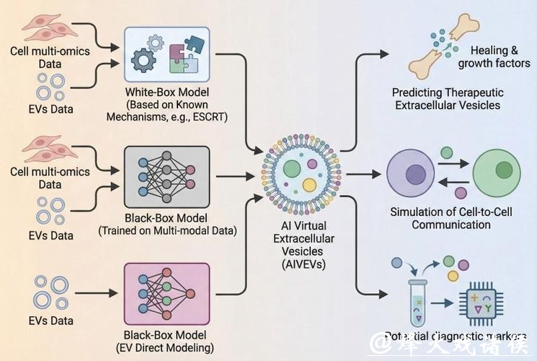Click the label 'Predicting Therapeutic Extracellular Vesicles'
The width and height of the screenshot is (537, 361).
point(448,100)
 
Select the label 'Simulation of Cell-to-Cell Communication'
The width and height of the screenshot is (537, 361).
point(451,218)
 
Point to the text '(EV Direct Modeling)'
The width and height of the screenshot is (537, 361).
point(167,348)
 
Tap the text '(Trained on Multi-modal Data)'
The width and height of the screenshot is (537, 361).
point(167,231)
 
